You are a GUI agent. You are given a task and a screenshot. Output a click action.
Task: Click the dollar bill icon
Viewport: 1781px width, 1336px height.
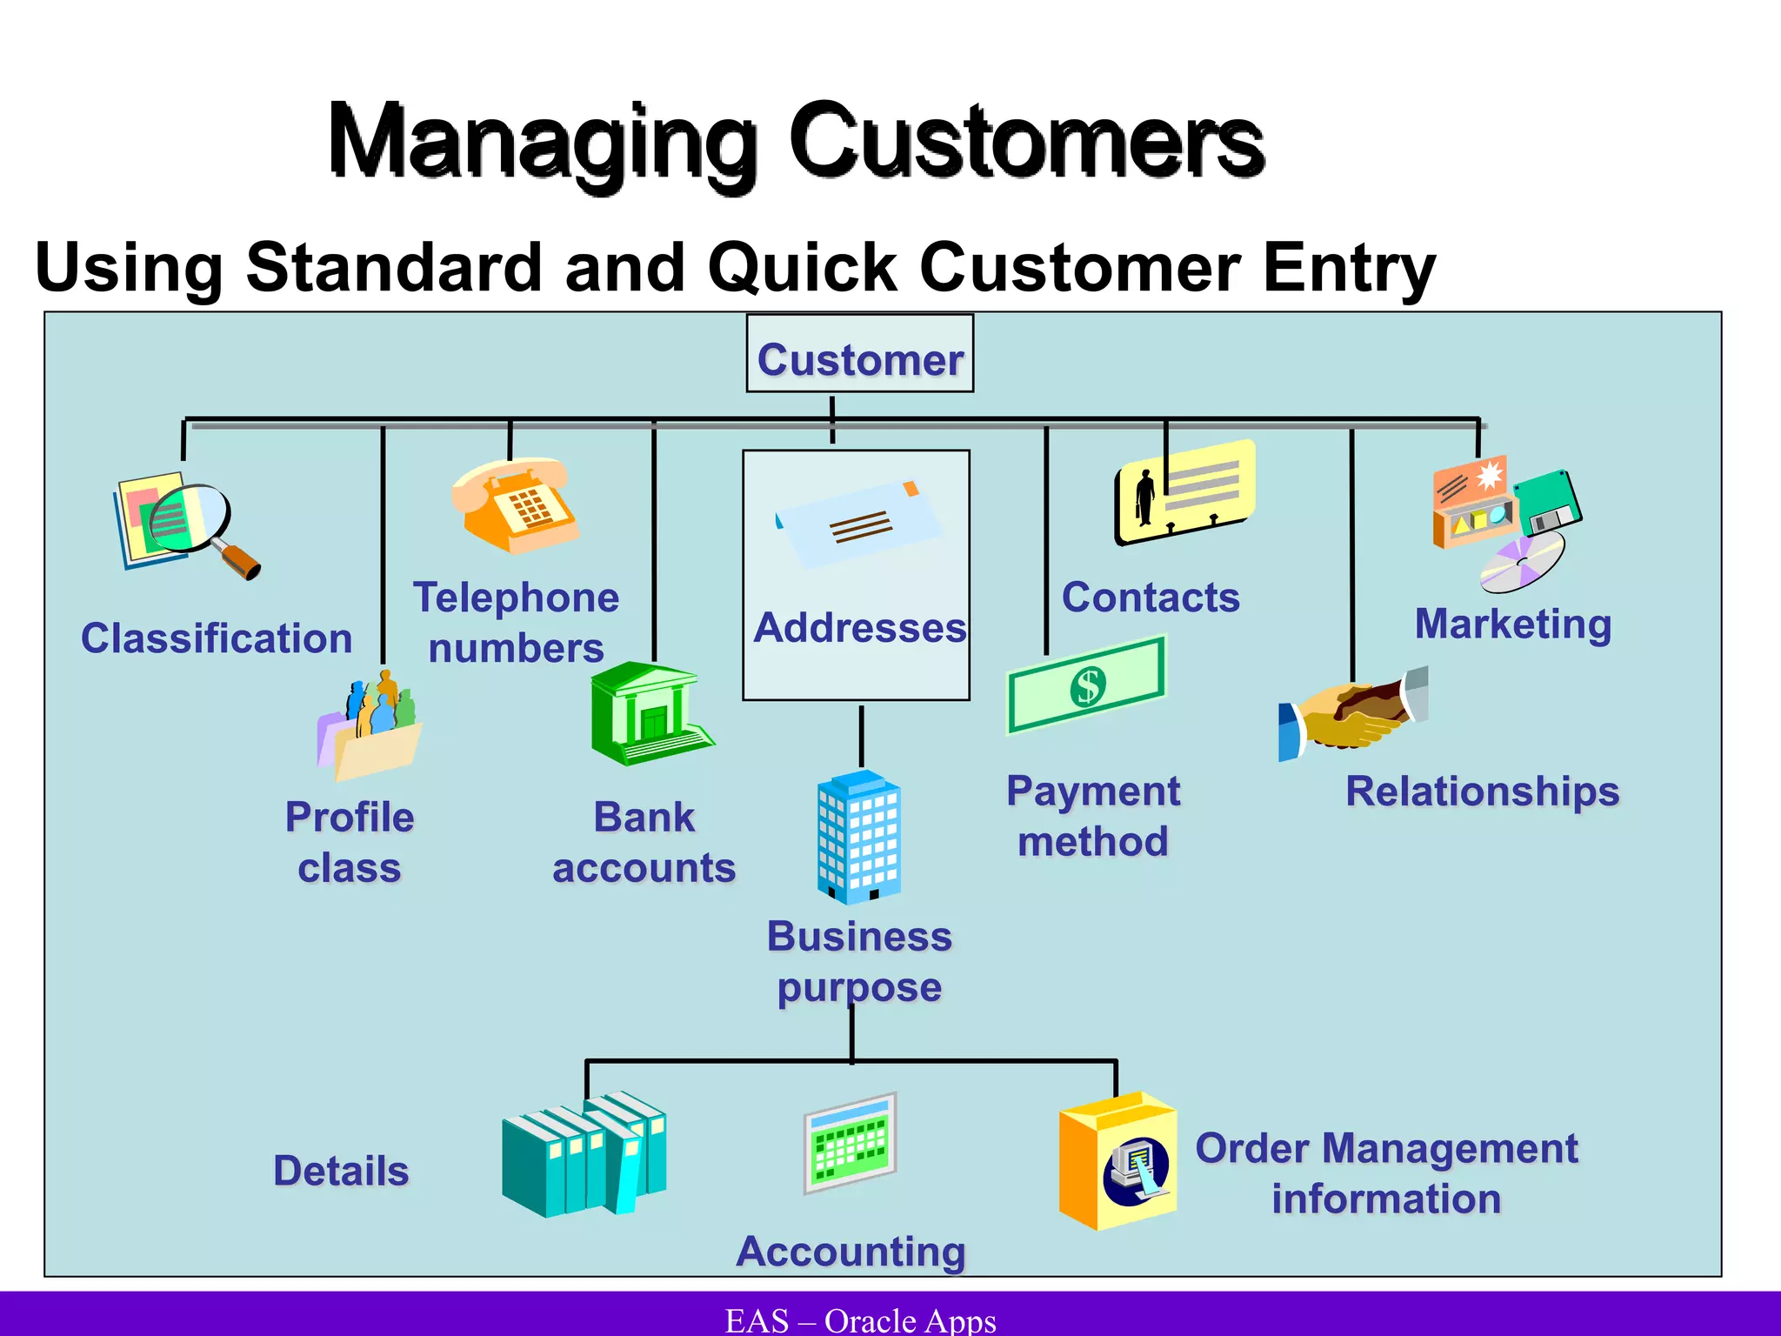coord(1086,685)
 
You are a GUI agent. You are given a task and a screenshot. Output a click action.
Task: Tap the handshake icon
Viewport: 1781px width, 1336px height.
coord(1352,714)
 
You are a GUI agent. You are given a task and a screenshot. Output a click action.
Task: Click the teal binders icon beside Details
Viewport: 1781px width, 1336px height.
coord(584,1154)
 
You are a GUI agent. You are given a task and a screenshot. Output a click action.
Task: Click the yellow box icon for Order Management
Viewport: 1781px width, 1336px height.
coord(1117,1161)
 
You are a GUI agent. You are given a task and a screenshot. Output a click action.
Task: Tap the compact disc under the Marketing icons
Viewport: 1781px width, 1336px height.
coord(1523,562)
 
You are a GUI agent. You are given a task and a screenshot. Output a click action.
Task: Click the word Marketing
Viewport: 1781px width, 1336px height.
coord(1512,625)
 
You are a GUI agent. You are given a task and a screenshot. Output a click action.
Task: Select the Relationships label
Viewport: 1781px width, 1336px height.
coord(1482,792)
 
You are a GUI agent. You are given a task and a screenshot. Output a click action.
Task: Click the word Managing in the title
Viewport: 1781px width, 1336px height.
coord(542,144)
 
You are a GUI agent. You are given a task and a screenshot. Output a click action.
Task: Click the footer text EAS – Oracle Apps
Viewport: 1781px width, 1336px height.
coord(860,1320)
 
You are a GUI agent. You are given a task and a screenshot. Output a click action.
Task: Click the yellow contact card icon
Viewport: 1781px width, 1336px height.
coord(1185,492)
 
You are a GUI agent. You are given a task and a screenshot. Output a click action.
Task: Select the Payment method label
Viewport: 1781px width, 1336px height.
coord(1092,817)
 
